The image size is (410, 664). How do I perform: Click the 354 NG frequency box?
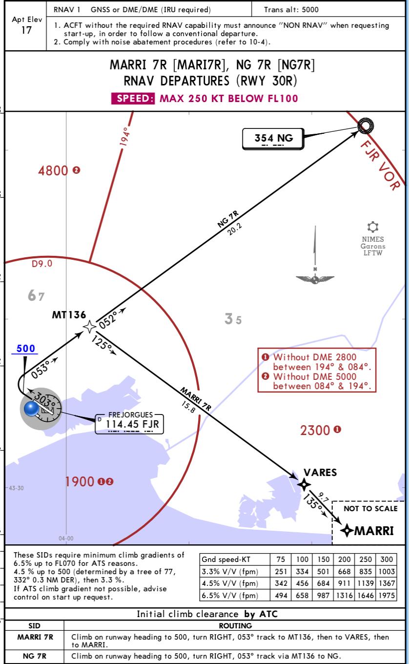tap(273, 139)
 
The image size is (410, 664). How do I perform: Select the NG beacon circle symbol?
tap(365, 126)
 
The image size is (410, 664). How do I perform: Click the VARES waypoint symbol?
tap(304, 484)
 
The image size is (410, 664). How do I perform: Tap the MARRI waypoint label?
tap(373, 530)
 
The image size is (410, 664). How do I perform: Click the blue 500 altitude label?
tap(26, 349)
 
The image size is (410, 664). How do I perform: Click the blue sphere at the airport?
tap(32, 408)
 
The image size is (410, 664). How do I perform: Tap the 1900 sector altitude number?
tap(80, 481)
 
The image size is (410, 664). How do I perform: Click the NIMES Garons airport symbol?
tap(373, 227)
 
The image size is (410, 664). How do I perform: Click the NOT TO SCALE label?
tap(370, 508)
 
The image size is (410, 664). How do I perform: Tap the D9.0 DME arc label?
tap(42, 264)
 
